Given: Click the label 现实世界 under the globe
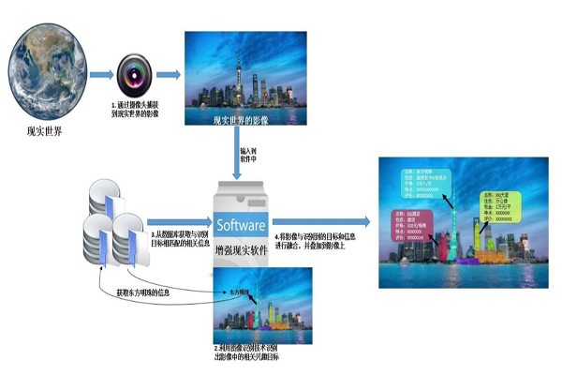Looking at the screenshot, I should click(x=44, y=131).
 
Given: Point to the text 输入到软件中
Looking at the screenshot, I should click(x=248, y=153).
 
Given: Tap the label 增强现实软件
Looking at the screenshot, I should click(x=242, y=251).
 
